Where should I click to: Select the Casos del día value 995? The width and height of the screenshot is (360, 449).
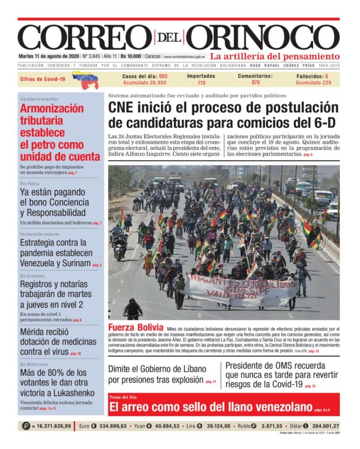pos(163,76)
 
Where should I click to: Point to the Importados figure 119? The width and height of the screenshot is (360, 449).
pos(201,83)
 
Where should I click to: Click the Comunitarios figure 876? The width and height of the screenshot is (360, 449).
pos(255,83)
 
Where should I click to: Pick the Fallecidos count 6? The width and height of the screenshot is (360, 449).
pos(327,76)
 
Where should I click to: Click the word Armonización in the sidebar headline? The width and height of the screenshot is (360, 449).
pos(52,108)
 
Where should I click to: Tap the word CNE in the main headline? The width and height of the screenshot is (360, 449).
pos(123,107)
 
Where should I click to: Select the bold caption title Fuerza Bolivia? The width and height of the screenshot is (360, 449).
pos(135,327)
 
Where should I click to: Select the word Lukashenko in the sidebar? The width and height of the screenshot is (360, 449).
pos(69,393)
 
